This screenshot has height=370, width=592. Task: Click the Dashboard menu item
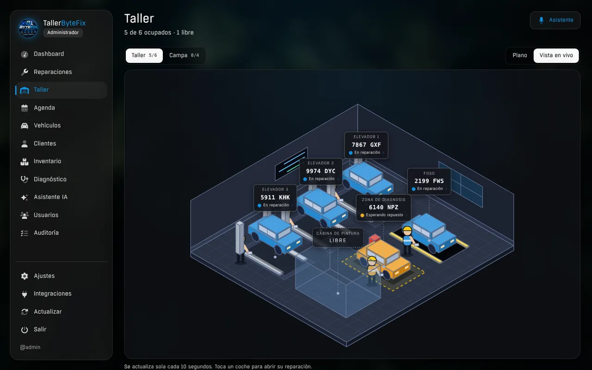tap(49, 54)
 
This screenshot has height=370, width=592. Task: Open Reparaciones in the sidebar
tap(53, 72)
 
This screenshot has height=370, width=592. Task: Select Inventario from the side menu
tap(48, 161)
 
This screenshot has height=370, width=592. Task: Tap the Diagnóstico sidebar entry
tap(50, 179)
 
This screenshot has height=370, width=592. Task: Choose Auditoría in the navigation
tap(46, 233)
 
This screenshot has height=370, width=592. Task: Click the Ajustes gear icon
tap(25, 276)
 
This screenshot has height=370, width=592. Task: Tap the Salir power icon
tap(25, 330)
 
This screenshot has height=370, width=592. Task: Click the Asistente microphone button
tap(555, 20)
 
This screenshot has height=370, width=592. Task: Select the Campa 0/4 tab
tap(184, 55)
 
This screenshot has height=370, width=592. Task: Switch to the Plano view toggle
tap(519, 55)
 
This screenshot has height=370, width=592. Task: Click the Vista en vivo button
tap(556, 55)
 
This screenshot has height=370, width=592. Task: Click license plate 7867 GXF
tap(366, 145)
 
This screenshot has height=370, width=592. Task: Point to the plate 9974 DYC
tap(321, 171)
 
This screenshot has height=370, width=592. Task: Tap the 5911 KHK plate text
tap(275, 197)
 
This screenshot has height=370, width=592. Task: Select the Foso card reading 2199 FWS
tap(429, 181)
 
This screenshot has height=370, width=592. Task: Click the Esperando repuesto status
tap(384, 215)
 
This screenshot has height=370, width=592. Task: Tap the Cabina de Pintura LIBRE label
tap(338, 237)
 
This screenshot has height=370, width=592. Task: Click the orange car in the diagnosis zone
tap(384, 259)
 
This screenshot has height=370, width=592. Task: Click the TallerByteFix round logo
tap(28, 28)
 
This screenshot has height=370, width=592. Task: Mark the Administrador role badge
tap(63, 32)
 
